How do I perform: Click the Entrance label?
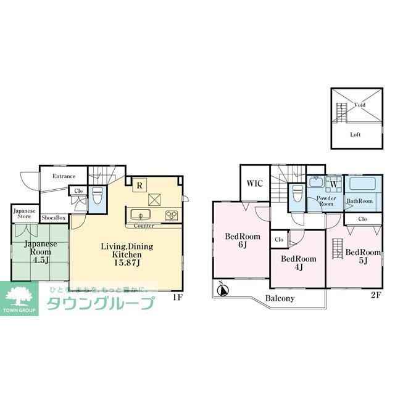[64, 176]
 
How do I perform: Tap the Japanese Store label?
[24, 213]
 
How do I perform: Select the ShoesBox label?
[54, 218]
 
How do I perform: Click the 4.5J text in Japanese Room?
[40, 259]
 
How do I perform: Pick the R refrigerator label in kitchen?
[140, 184]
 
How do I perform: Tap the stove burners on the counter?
[171, 215]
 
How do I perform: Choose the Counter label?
[144, 226]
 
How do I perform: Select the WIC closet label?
[255, 183]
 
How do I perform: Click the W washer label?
[333, 183]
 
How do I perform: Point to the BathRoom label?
[359, 201]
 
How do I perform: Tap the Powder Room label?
[326, 202]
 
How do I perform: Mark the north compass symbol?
[222, 288]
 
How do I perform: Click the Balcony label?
[280, 299]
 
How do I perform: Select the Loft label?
[355, 134]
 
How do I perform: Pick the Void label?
[360, 105]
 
